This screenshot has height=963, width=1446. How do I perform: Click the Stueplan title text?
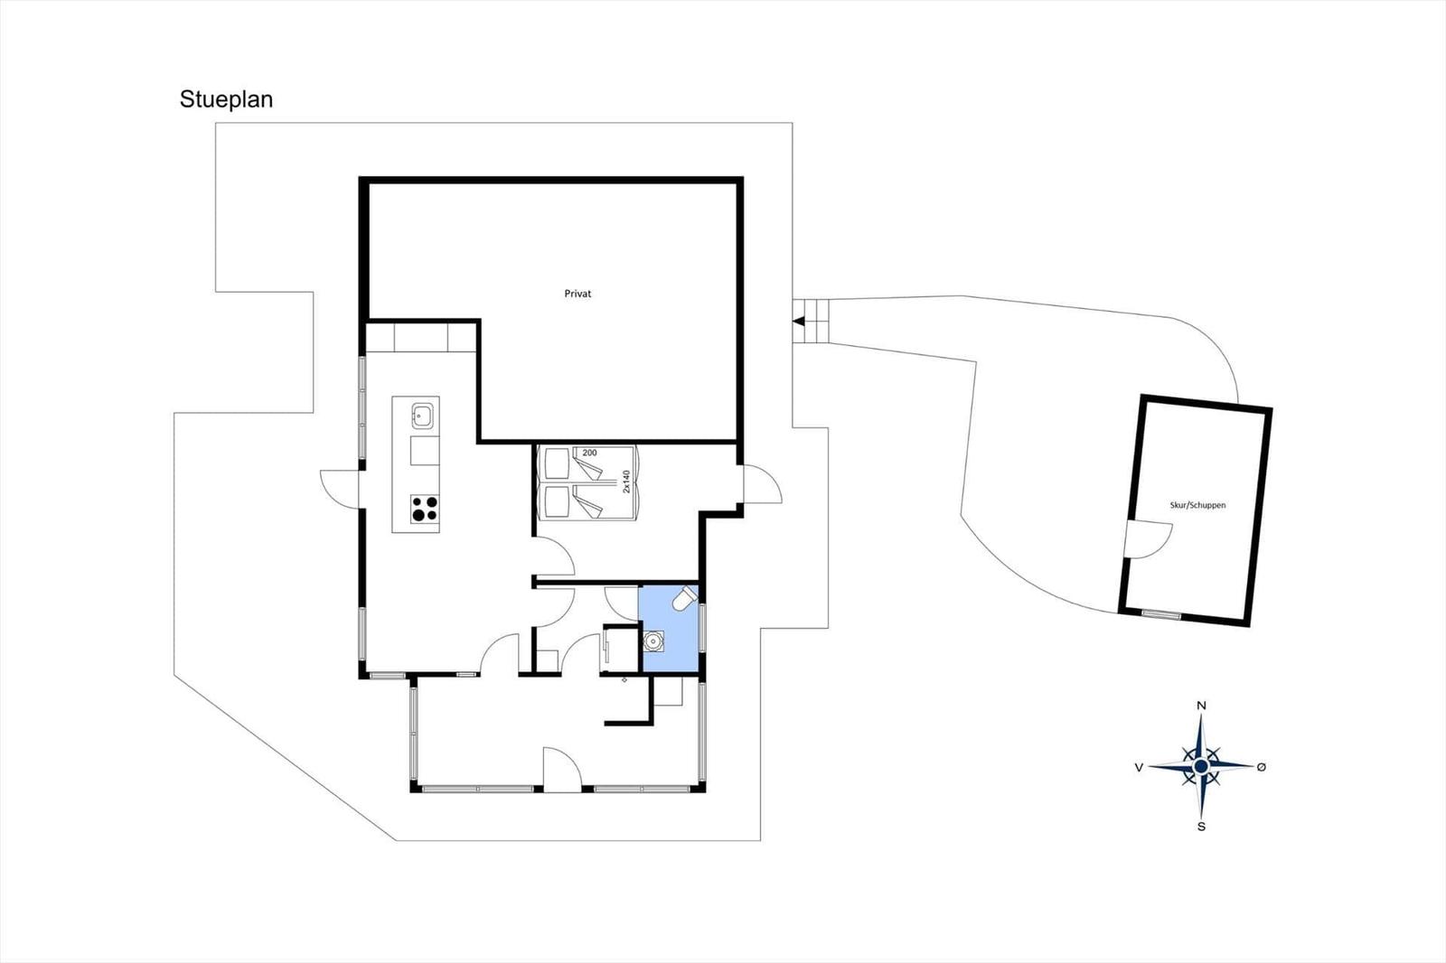[x=226, y=99]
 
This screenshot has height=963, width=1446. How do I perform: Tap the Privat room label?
[x=577, y=294]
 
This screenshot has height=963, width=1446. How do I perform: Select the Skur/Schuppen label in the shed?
[x=1197, y=505]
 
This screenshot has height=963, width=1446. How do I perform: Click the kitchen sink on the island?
[x=423, y=416]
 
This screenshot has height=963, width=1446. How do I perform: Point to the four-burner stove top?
[x=425, y=509]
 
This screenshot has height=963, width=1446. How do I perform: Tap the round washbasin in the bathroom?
[x=653, y=640]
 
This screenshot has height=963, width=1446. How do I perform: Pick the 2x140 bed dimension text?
[x=625, y=481]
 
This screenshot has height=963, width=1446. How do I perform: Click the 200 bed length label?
[x=589, y=453]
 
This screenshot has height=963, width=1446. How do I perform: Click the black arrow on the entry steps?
[x=799, y=322]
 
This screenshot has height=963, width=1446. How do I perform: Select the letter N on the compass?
[x=1201, y=706]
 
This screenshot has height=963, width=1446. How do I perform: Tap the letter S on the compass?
[x=1201, y=827]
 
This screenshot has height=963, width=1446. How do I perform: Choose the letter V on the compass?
[x=1140, y=767]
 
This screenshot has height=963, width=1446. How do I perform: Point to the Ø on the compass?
[x=1262, y=766]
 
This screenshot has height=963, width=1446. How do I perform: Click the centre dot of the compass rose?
[x=1201, y=766]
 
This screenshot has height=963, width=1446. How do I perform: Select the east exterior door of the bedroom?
[x=763, y=484]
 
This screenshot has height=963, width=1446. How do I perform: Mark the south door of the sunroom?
[x=562, y=770]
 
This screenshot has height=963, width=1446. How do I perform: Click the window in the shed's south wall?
[x=1161, y=614]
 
